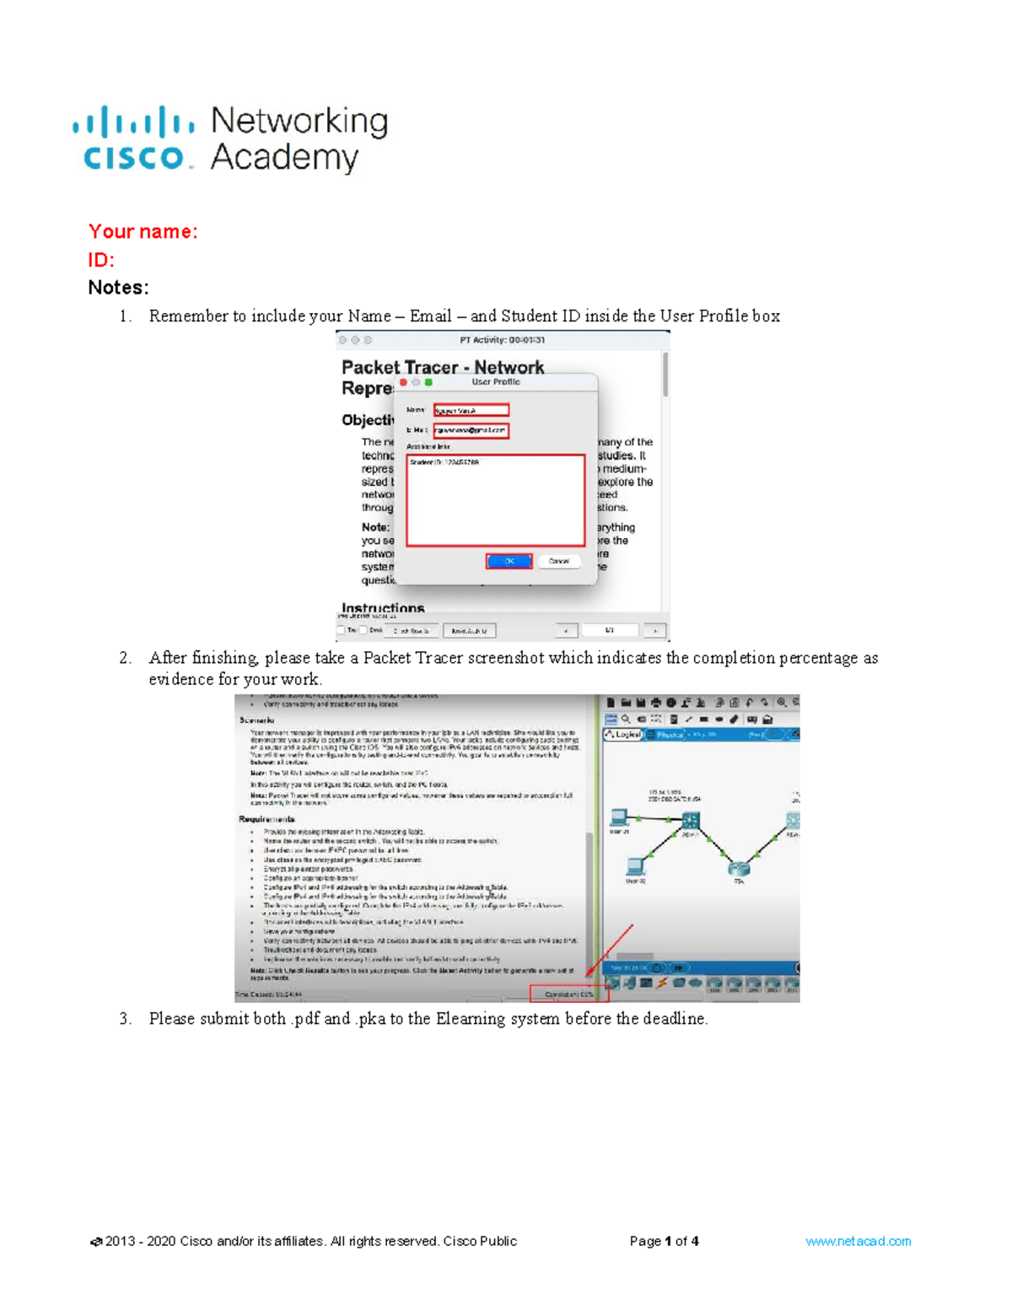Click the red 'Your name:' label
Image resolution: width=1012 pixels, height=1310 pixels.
click(x=143, y=231)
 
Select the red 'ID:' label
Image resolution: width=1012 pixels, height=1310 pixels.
click(x=100, y=260)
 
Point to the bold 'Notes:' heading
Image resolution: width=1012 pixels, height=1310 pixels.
click(x=118, y=288)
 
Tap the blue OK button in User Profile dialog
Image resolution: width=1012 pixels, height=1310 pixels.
click(x=509, y=561)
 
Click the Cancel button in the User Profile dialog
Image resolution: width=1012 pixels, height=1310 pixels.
click(x=559, y=561)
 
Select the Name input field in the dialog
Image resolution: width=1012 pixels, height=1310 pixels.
click(x=471, y=410)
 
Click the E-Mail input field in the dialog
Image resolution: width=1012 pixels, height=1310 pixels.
click(x=471, y=430)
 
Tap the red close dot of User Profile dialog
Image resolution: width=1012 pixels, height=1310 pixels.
click(x=404, y=382)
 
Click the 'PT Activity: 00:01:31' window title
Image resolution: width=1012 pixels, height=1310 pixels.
click(x=502, y=340)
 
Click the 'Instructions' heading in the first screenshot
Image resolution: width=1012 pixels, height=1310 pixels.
click(x=383, y=607)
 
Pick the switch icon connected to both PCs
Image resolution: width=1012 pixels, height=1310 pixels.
click(x=691, y=819)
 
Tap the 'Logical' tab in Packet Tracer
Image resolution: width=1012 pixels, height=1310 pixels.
click(x=624, y=735)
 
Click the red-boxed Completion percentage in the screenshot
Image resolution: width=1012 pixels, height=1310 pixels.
click(x=568, y=995)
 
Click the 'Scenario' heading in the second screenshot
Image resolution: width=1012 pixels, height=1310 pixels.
click(x=256, y=720)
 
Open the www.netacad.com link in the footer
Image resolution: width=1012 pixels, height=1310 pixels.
click(x=858, y=1241)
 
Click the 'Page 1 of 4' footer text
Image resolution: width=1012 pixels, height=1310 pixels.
click(x=664, y=1241)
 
